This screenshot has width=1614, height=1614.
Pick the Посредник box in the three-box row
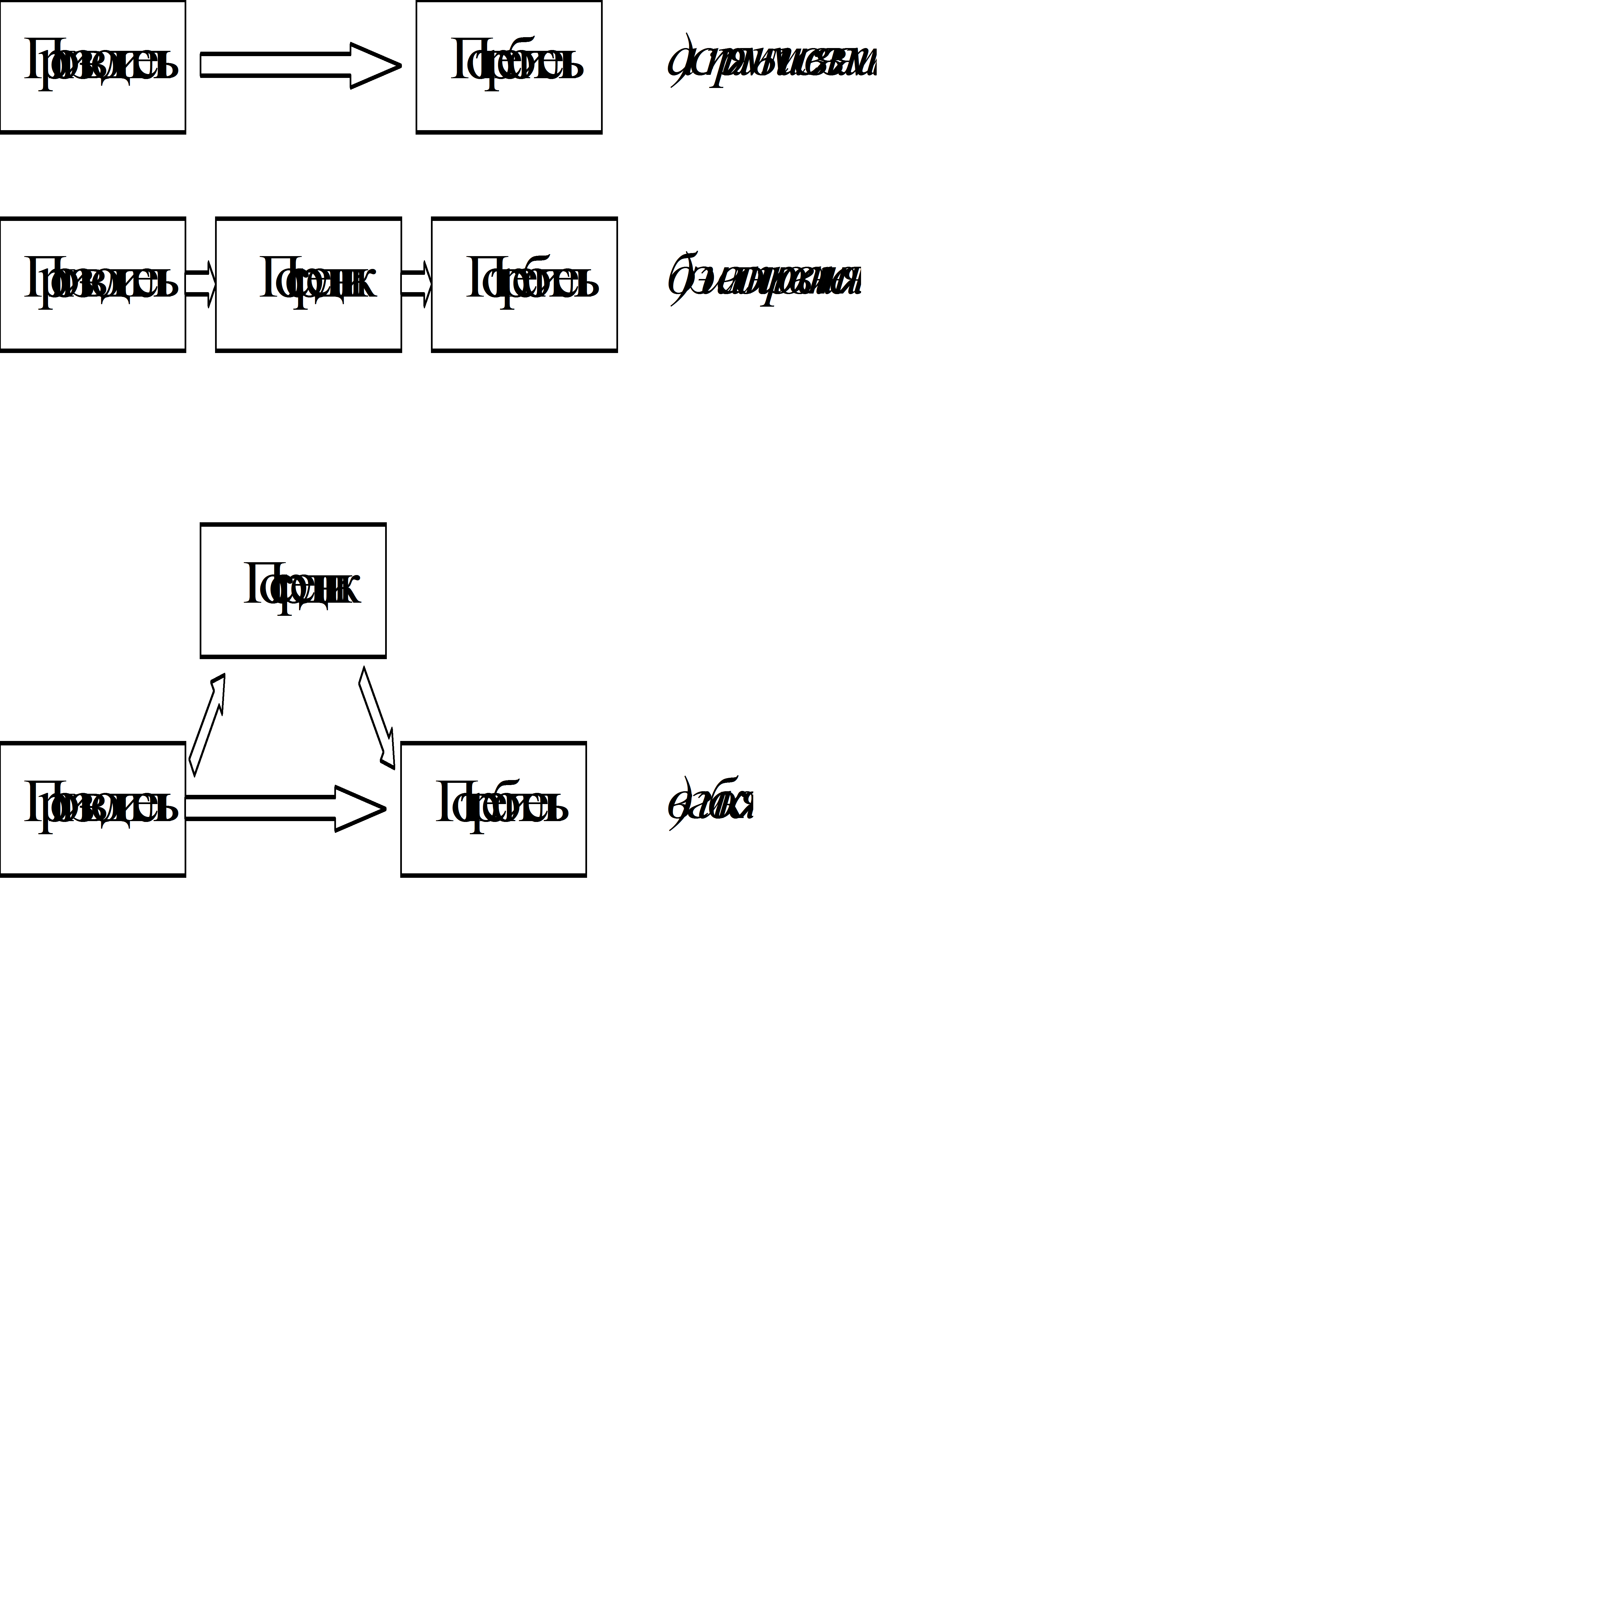308,284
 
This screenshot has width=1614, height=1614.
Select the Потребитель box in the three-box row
524,284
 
